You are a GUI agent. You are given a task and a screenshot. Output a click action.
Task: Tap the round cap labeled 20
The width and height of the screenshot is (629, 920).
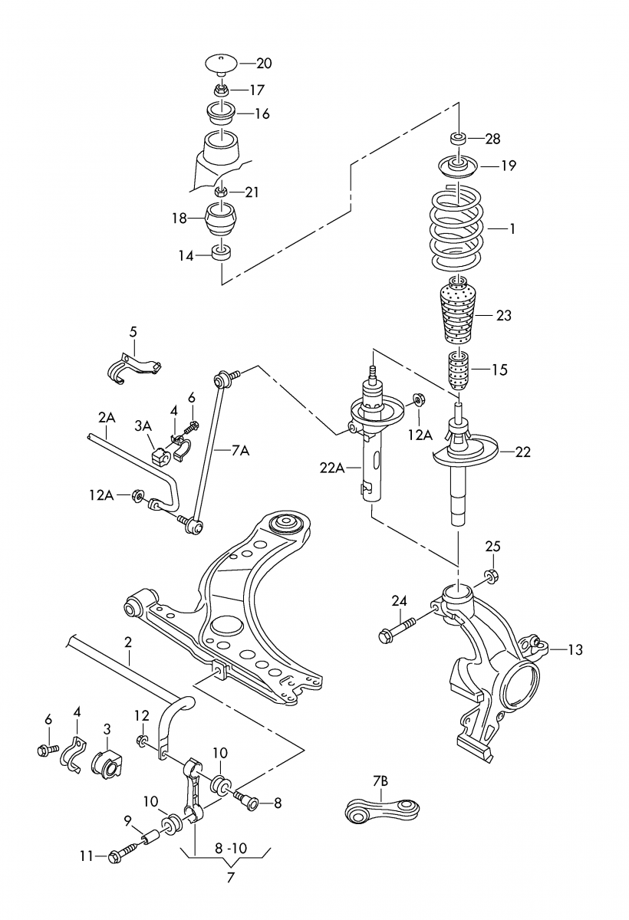tap(220, 61)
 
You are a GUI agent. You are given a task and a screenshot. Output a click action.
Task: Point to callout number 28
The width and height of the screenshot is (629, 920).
tap(492, 139)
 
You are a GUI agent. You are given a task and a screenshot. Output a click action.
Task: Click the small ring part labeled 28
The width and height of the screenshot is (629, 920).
tap(458, 139)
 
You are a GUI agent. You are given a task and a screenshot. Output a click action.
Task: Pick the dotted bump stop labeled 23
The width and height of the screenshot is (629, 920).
tap(458, 314)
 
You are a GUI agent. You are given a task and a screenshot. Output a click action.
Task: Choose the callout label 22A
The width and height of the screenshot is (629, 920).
tap(333, 466)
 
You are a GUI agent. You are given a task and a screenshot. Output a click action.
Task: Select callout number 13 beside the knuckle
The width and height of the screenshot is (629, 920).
tap(575, 649)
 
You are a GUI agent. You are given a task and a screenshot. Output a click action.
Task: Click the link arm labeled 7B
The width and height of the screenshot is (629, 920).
tap(381, 808)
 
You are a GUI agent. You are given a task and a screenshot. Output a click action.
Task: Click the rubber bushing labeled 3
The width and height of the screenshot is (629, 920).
tap(106, 763)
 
